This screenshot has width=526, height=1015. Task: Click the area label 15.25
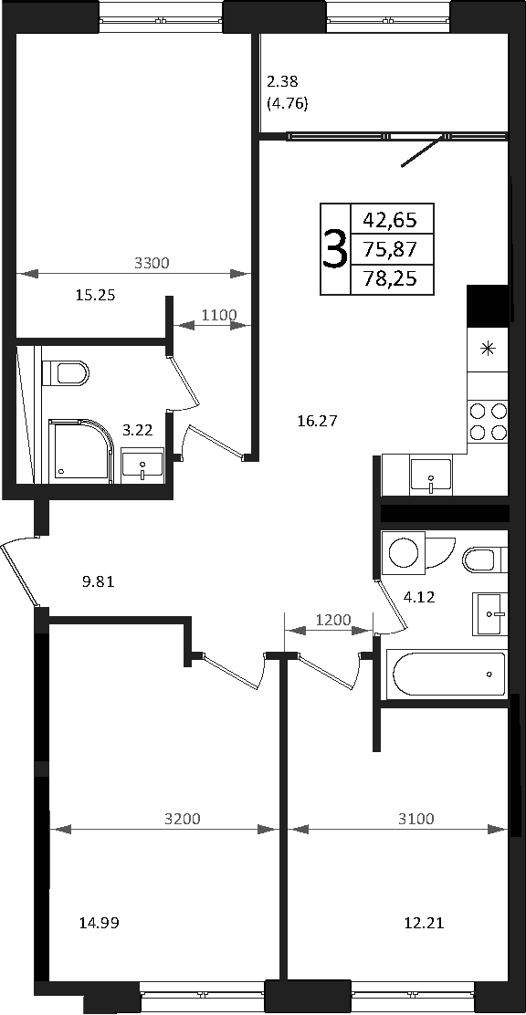[95, 296]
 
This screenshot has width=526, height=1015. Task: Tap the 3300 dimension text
[151, 263]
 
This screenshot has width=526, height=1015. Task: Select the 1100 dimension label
[219, 315]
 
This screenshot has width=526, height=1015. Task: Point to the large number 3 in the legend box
[334, 248]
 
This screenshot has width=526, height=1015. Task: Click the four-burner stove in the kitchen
[488, 422]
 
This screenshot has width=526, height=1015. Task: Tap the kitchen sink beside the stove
[431, 476]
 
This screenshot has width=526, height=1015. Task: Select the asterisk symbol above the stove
[487, 350]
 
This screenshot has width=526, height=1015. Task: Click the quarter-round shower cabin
[81, 451]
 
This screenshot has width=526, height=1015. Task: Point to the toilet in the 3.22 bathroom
[65, 373]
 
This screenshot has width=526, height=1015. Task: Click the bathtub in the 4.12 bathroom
[446, 675]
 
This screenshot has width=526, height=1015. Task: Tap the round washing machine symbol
[405, 552]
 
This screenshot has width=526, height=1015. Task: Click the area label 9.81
[99, 582]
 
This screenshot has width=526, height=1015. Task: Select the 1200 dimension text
[333, 620]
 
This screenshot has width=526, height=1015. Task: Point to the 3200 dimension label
[182, 819]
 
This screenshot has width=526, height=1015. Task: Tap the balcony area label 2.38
[282, 82]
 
